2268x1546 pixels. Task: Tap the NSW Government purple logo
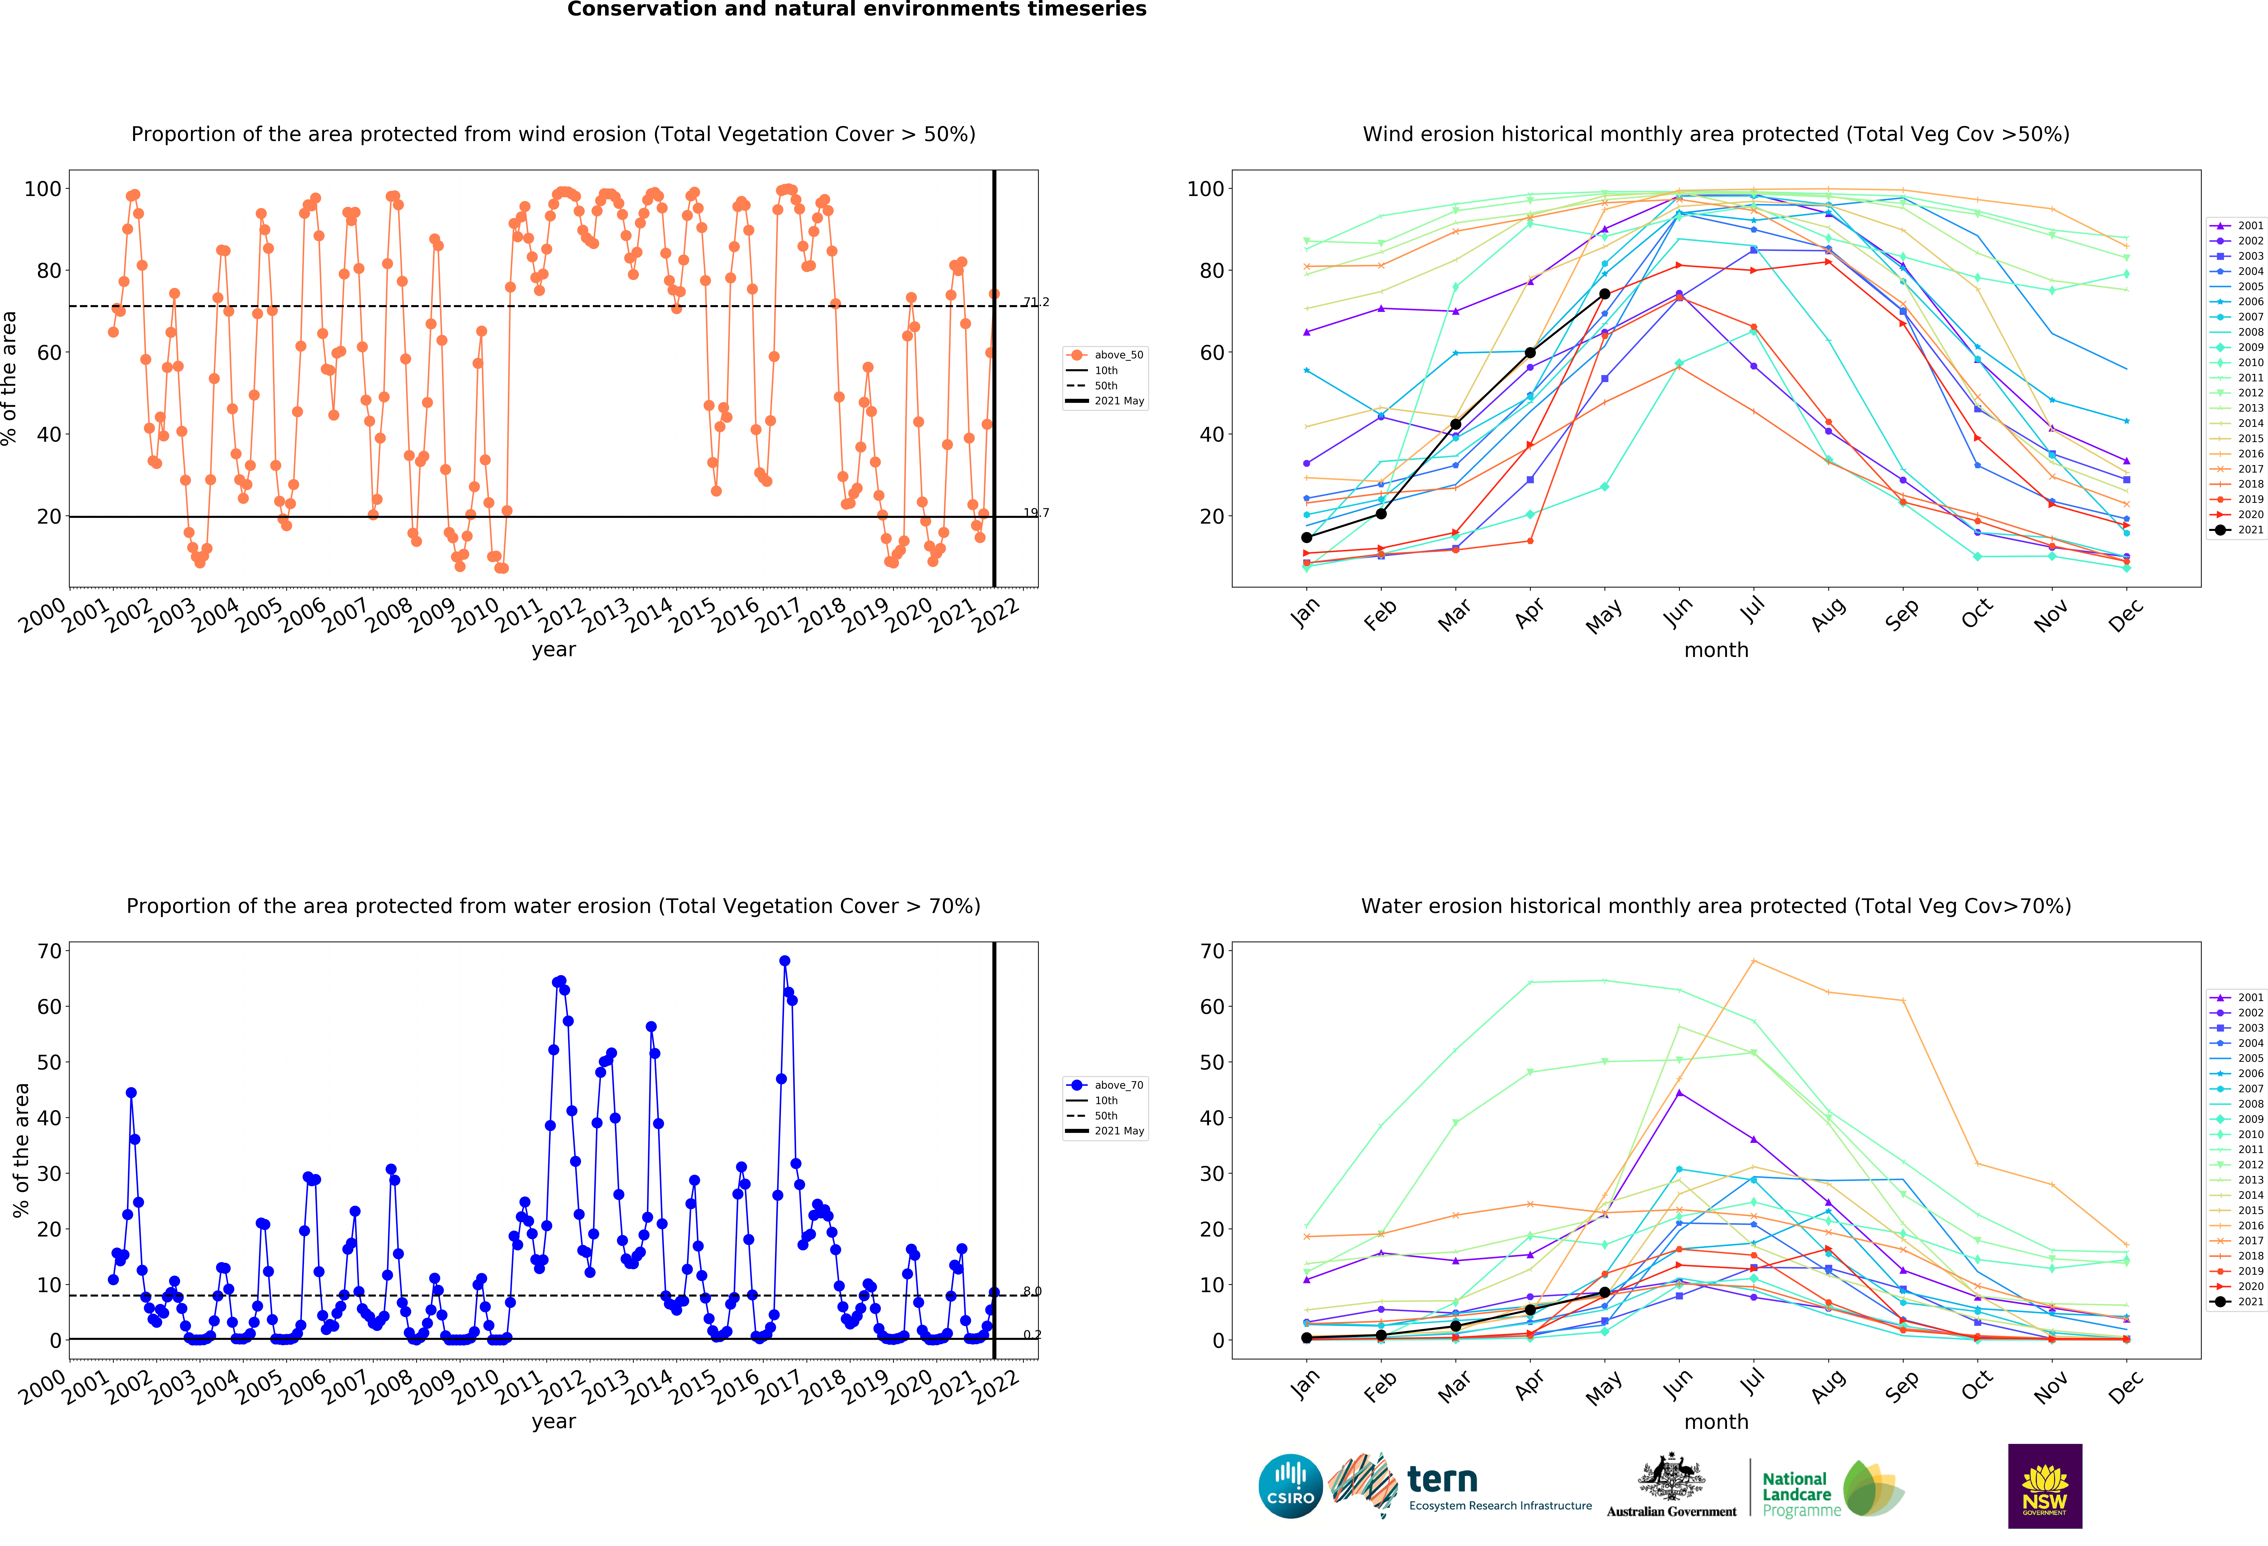pyautogui.click(x=2044, y=1486)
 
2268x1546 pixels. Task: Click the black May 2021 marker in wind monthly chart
pyautogui.click(x=1604, y=294)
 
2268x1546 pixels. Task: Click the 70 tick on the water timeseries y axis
pyautogui.click(x=50, y=951)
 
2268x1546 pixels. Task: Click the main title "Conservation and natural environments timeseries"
pyautogui.click(x=857, y=10)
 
